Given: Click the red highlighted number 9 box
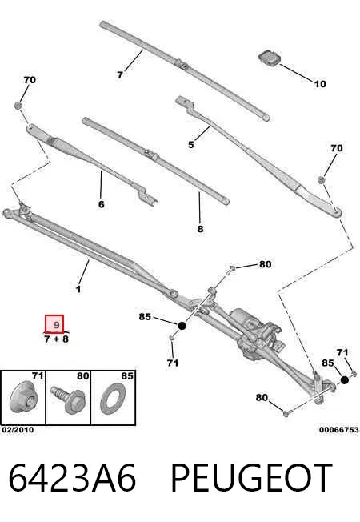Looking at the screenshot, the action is (x=54, y=324).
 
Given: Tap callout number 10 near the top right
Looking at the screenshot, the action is (x=320, y=84).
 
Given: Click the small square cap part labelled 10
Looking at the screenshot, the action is (x=269, y=58).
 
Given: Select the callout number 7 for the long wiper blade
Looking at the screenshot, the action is (x=120, y=75).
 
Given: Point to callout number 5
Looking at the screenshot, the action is (x=191, y=144).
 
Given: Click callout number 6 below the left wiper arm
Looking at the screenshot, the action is (x=102, y=203).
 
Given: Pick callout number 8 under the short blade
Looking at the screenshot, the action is (x=200, y=229).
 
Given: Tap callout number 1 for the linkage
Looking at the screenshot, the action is (x=78, y=289).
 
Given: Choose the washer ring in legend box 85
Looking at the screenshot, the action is (x=112, y=401).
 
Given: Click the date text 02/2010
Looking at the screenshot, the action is (x=18, y=430).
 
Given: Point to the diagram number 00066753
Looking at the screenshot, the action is (x=339, y=430).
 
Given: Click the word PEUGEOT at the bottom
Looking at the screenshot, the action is (x=251, y=478).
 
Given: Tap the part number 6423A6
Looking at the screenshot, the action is (x=72, y=478).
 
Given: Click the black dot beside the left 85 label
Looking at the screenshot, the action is (x=182, y=326).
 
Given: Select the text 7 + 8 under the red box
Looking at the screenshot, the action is (x=56, y=339).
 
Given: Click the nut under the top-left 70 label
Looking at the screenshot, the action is (x=18, y=106).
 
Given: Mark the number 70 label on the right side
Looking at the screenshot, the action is (x=336, y=148).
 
